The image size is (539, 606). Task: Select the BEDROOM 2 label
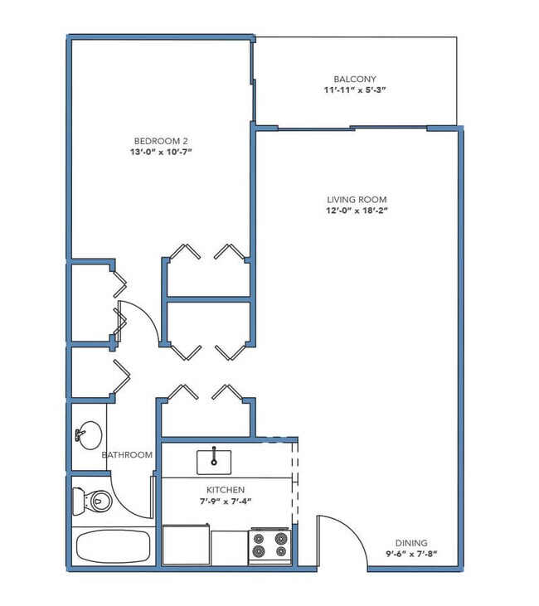click(x=157, y=139)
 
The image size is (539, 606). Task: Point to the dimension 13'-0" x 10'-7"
click(x=157, y=151)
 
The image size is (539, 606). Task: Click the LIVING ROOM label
click(x=357, y=200)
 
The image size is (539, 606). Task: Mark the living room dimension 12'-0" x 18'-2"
click(x=357, y=211)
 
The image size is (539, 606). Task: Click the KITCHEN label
click(x=226, y=491)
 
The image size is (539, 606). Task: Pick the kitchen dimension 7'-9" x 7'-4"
click(x=226, y=502)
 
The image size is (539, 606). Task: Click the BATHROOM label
click(x=127, y=455)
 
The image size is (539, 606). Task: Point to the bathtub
click(x=112, y=547)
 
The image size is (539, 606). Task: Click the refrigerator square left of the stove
click(x=229, y=547)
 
